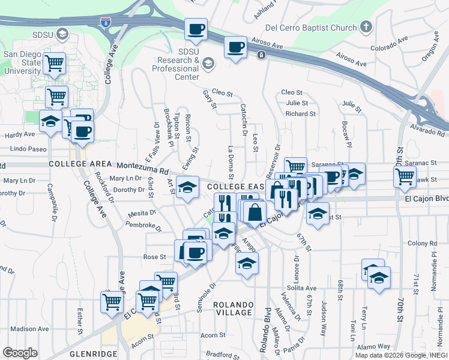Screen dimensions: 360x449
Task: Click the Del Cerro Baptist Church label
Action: tap(310, 28)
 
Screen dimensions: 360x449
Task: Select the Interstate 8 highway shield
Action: tap(106, 22)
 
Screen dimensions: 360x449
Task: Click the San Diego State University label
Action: tap(22, 62)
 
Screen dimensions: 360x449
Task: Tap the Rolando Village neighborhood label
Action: tap(234, 308)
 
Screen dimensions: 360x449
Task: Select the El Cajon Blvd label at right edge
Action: tap(427, 198)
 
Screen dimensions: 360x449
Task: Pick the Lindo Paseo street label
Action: tap(28, 148)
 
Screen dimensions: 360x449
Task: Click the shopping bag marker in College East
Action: tap(255, 213)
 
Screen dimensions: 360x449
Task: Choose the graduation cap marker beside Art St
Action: tap(187, 188)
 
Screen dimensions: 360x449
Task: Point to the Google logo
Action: tap(20, 353)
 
